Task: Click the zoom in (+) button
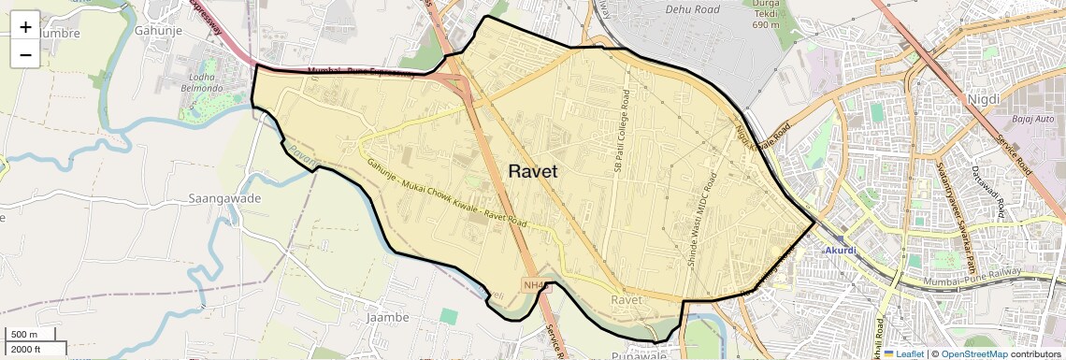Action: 25,27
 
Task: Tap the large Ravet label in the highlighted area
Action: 533,171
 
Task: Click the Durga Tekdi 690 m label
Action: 766,13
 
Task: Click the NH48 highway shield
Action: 534,285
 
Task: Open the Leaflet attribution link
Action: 904,354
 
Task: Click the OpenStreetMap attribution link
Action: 973,354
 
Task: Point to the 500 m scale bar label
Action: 24,335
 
